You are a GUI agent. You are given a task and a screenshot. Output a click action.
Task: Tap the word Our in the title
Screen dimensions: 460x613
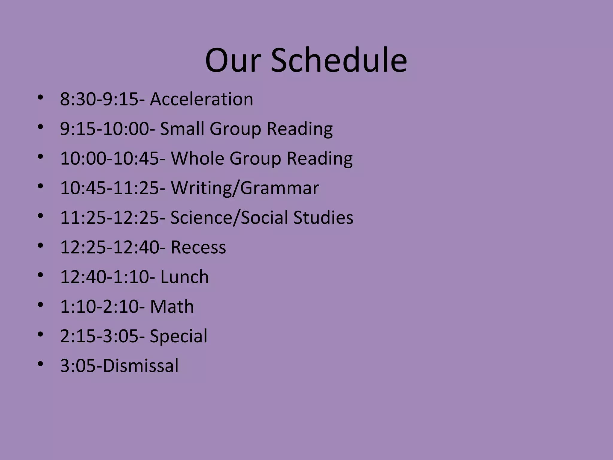(x=232, y=60)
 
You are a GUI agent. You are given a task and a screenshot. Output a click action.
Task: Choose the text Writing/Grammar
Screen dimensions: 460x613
(x=245, y=188)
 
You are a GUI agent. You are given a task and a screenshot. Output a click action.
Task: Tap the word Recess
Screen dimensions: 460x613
(x=198, y=247)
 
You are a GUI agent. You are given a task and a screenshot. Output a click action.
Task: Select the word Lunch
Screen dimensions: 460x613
(x=184, y=277)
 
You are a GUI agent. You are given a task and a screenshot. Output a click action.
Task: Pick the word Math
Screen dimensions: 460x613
(x=172, y=306)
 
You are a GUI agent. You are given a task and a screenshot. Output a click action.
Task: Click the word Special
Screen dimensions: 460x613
(x=178, y=336)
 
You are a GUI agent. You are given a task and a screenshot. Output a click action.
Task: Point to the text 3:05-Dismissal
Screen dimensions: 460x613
(x=119, y=366)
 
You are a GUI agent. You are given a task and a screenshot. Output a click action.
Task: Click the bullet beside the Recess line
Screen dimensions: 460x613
(x=40, y=246)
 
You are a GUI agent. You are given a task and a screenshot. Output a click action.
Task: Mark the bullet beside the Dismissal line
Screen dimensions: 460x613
(x=40, y=364)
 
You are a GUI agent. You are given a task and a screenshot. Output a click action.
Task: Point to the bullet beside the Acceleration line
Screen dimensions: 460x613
(x=40, y=97)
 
